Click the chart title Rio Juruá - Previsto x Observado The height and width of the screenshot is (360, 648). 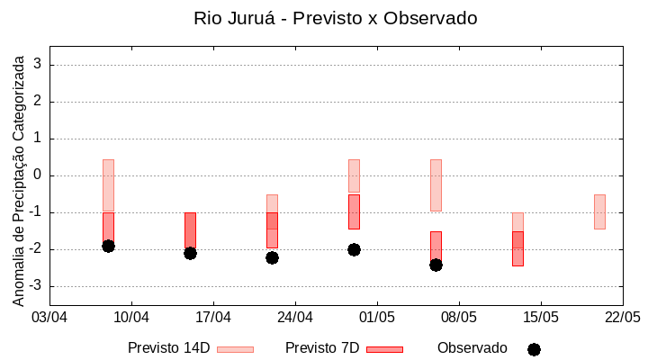tap(336, 18)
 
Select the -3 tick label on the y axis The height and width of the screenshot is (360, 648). tap(35, 286)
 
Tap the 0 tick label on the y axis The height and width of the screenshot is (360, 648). tap(38, 175)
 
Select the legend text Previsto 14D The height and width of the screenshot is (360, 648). tap(168, 348)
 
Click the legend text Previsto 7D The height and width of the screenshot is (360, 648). tap(321, 348)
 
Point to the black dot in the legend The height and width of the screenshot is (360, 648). tap(534, 349)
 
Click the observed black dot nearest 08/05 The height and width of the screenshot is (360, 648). tap(436, 265)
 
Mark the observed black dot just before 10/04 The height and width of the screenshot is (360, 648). tap(108, 246)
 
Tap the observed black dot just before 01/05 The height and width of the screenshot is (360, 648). tap(354, 249)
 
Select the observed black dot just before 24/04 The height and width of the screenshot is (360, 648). tap(272, 257)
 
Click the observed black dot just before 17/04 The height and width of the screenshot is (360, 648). tap(190, 253)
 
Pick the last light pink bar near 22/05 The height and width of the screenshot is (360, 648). tap(599, 211)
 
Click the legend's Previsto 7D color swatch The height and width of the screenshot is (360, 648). tap(384, 349)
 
